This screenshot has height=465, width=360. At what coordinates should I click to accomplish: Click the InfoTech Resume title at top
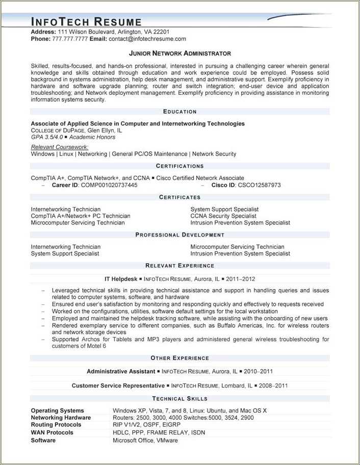coord(86,21)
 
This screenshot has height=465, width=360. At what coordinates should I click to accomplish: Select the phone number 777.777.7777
coord(70,39)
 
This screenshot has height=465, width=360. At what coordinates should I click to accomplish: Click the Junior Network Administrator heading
coord(179,54)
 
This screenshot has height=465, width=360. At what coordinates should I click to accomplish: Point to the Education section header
coord(179,112)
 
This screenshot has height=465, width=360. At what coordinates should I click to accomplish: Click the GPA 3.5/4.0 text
coord(46,137)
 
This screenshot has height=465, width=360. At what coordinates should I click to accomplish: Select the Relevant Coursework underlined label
coord(60,147)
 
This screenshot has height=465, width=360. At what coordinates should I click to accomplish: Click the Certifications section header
coord(179,166)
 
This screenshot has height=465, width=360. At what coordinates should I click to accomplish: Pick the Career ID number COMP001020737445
coord(109,185)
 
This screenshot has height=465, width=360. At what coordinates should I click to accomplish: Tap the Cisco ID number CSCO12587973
coord(259,185)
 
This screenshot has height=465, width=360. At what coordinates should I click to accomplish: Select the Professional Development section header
coord(179,235)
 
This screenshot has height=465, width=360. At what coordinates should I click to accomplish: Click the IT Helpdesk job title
coord(121,279)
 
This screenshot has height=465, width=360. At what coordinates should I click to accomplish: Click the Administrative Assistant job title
coord(121,372)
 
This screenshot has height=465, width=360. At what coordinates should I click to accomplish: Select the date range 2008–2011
coord(274,386)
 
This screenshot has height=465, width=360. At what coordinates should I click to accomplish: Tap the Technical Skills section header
coord(179,399)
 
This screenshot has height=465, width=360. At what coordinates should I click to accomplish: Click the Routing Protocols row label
coord(56,425)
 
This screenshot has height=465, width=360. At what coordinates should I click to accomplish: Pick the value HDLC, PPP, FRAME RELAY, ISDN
coord(159,432)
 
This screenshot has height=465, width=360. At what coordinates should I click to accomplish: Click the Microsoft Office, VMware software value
coord(145,440)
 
